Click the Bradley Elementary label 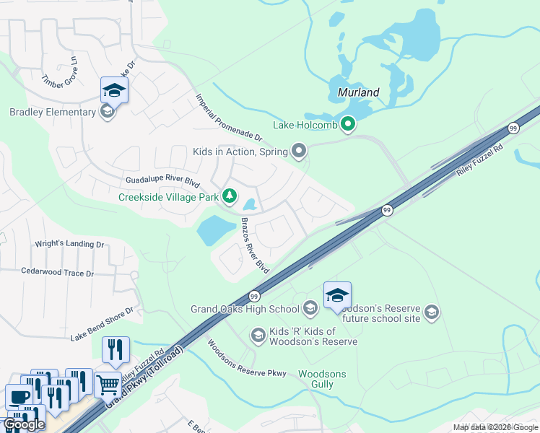pyautogui.click(x=52, y=112)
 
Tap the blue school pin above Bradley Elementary pyautogui.click(x=114, y=91)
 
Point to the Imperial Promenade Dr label pyautogui.click(x=228, y=117)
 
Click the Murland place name pyautogui.click(x=358, y=93)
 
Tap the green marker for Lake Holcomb pyautogui.click(x=348, y=125)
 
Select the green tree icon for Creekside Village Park pyautogui.click(x=230, y=196)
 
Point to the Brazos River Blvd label pyautogui.click(x=255, y=245)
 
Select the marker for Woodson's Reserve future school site pyautogui.click(x=432, y=312)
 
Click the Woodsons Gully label pyautogui.click(x=322, y=379)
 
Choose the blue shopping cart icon pyautogui.click(x=108, y=385)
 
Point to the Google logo pyautogui.click(x=24, y=424)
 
